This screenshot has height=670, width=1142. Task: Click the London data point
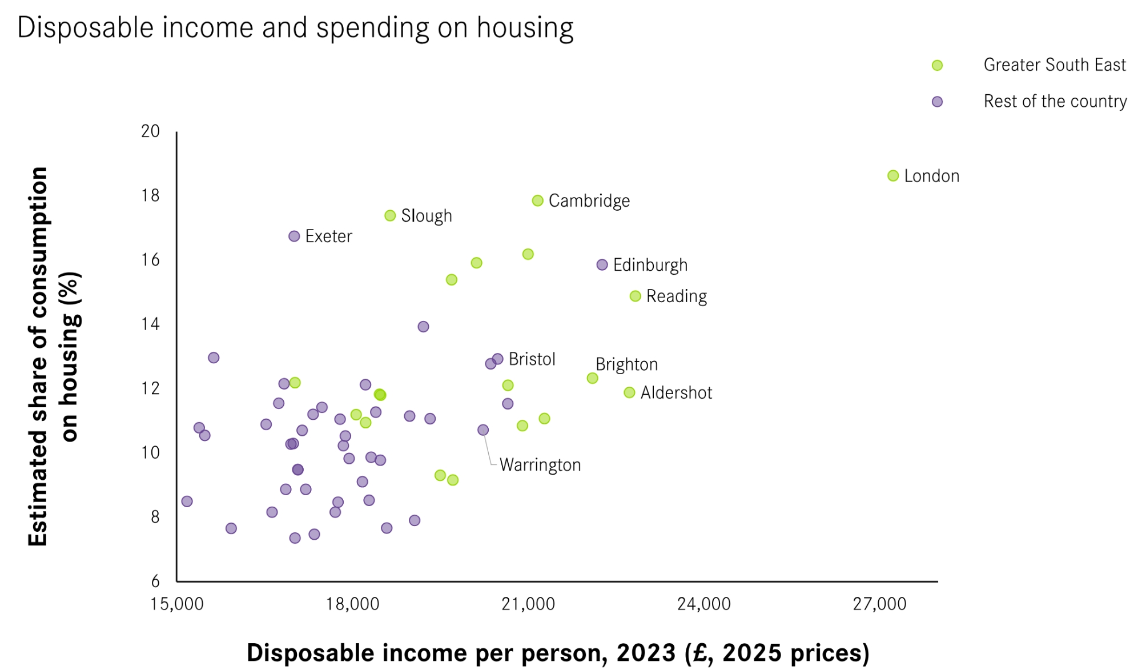[x=893, y=176]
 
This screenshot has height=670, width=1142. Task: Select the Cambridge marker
[x=537, y=200]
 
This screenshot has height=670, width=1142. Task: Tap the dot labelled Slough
[x=390, y=215]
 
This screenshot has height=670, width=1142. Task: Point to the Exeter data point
[x=294, y=236]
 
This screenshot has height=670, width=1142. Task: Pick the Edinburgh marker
[x=602, y=264]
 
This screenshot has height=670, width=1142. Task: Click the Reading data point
[x=635, y=296]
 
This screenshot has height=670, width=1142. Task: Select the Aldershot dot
[x=629, y=392]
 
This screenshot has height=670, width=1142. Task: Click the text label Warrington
[x=540, y=465]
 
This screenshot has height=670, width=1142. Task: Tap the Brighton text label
[x=626, y=364]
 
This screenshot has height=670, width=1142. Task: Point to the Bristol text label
[x=532, y=359]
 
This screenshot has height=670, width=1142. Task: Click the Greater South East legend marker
[x=937, y=65]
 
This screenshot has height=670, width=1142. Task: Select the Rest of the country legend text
[x=1055, y=101]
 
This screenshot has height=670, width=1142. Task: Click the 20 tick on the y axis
[x=151, y=131]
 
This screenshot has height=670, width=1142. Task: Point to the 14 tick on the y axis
[x=151, y=324]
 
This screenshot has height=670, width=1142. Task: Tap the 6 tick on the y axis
[x=155, y=581]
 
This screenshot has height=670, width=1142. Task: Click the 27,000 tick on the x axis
[x=879, y=604]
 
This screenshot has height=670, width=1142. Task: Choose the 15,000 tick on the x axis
[x=177, y=604]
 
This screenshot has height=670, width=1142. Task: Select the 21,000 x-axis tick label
[x=528, y=604]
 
